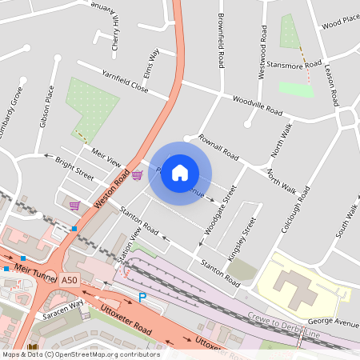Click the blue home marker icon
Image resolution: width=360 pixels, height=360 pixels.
180,172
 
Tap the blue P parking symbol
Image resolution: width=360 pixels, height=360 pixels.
143,298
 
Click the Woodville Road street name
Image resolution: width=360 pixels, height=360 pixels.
258,105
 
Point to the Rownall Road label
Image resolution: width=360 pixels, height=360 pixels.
218,146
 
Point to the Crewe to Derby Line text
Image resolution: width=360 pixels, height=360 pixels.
282,324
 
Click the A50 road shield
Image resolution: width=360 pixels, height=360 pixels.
70,280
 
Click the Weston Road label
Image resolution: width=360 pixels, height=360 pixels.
111,190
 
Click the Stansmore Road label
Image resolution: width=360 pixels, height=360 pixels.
294,64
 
